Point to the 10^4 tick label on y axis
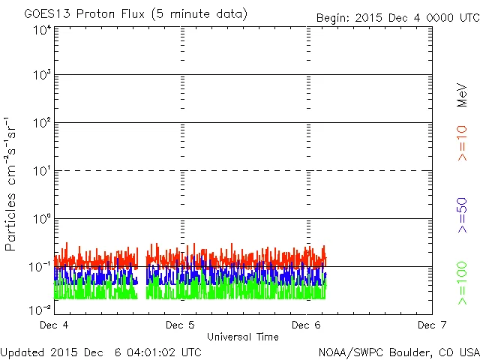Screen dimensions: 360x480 pos(42,30)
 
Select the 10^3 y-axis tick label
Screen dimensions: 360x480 pos(42,75)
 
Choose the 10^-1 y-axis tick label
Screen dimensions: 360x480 pos(40,266)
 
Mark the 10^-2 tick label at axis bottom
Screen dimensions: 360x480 pos(40,310)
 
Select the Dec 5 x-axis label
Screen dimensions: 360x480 pos(181,325)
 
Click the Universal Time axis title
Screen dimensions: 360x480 pos(243,337)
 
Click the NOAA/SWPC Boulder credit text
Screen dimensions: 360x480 pos(398,352)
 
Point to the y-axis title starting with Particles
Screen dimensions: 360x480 pos(12,184)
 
